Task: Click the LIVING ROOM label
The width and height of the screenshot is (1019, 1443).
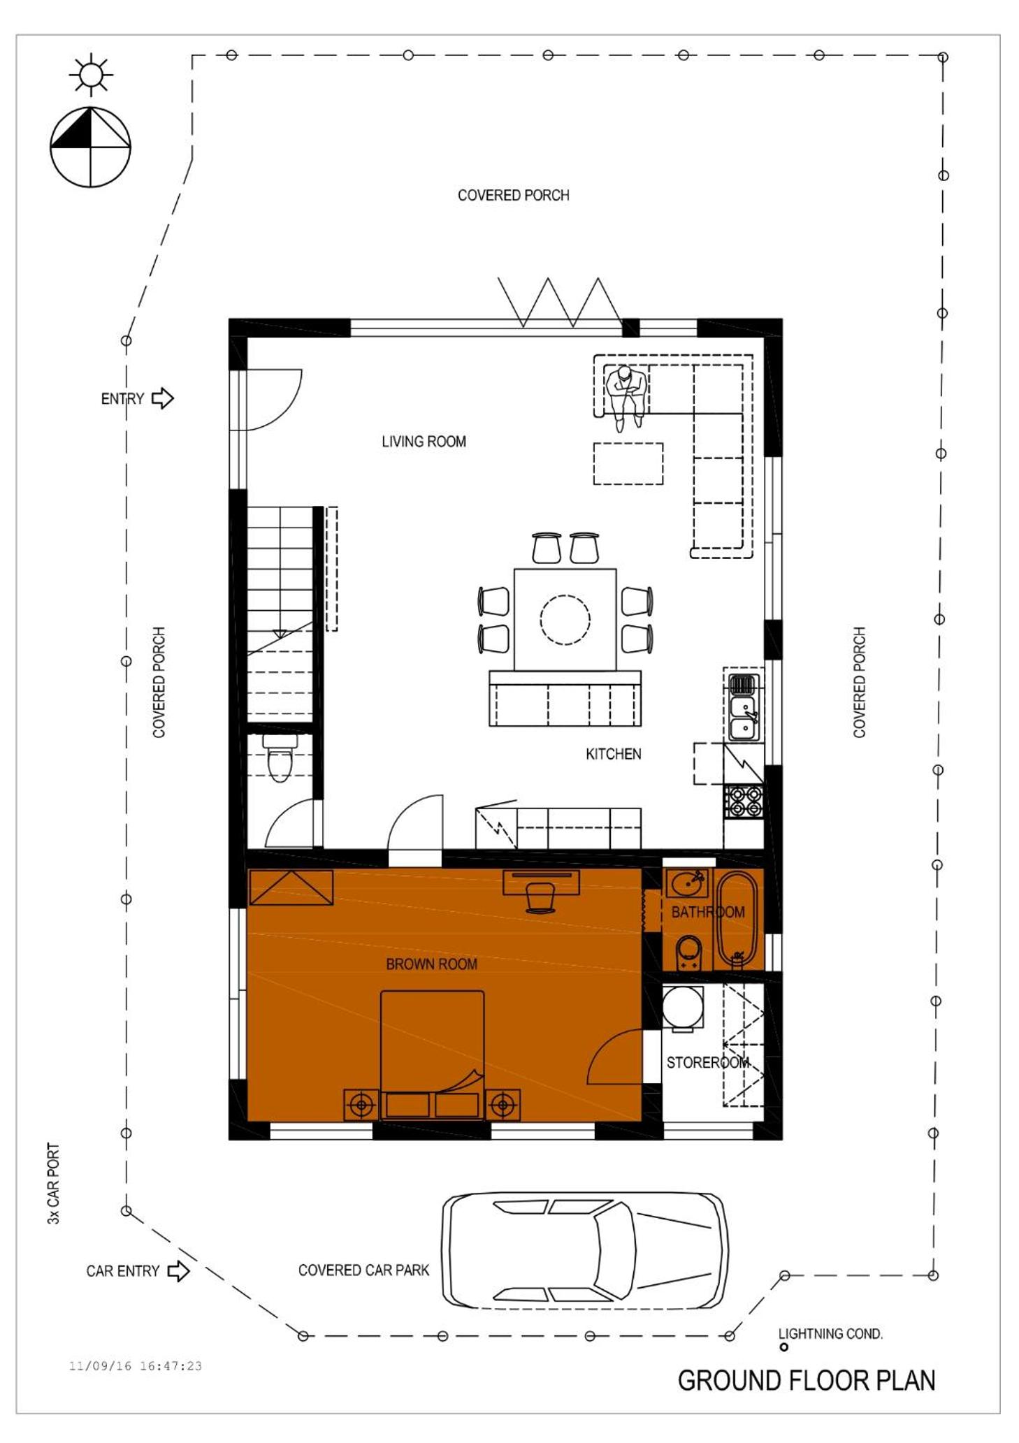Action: click(424, 442)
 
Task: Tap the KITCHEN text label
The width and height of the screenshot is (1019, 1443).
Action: click(613, 754)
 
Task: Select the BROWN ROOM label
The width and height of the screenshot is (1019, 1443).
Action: click(431, 964)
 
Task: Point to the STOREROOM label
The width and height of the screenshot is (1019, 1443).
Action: click(707, 1063)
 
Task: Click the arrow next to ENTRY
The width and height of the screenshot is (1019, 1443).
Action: click(163, 398)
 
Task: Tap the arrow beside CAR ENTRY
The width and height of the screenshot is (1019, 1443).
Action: click(178, 1270)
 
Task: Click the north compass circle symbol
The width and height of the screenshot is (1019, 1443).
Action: click(90, 147)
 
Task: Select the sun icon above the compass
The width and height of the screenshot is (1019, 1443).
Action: click(91, 74)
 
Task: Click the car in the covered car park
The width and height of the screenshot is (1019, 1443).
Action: click(584, 1250)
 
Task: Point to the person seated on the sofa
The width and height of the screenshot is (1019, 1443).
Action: click(626, 396)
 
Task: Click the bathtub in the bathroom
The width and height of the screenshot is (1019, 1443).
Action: click(737, 918)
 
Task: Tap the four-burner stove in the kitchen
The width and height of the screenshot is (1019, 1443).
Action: click(743, 802)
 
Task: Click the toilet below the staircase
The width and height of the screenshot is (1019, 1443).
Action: click(280, 758)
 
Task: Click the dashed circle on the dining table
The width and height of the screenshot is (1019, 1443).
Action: click(565, 619)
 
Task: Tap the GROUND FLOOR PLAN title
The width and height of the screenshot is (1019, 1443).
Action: click(807, 1382)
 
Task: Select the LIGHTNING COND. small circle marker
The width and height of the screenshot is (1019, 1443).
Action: click(783, 1347)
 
